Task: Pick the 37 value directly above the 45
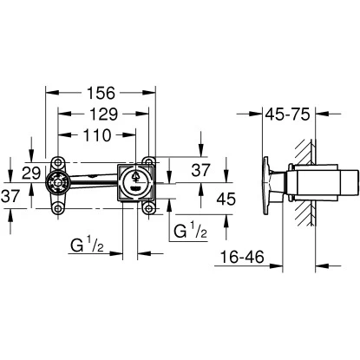200,169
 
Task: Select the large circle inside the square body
134,182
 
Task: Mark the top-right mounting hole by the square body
151,162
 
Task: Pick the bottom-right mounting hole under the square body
151,206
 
